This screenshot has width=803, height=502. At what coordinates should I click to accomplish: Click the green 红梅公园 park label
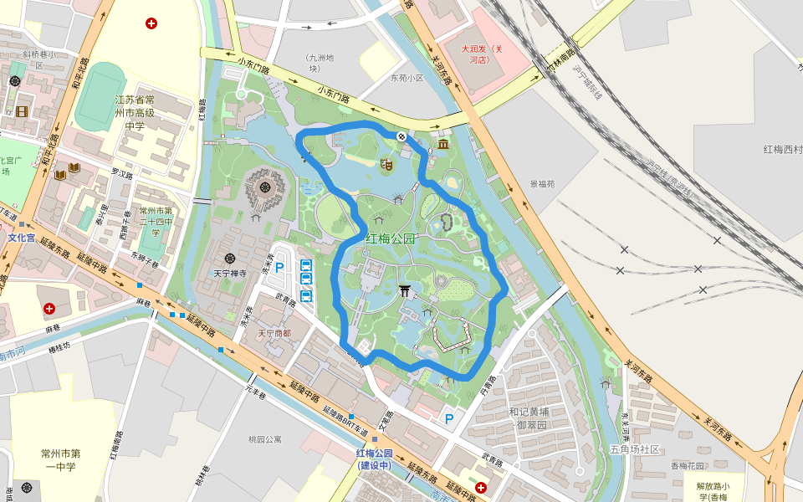(390, 238)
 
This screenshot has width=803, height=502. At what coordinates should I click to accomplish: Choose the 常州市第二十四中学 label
(155, 222)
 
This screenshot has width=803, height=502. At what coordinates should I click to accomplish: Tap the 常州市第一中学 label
(59, 460)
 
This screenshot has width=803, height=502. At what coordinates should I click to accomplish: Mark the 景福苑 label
(542, 183)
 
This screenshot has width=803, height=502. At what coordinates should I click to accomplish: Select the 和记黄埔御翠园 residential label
(532, 417)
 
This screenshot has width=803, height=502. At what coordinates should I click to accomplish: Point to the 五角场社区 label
(635, 449)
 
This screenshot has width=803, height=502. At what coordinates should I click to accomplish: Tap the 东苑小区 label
(407, 78)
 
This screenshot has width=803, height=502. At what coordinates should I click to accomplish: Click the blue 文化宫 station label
(22, 238)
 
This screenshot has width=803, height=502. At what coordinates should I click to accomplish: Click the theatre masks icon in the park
(386, 165)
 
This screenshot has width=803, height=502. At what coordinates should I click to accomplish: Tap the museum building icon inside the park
(442, 146)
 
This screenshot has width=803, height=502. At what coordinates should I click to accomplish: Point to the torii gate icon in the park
(406, 290)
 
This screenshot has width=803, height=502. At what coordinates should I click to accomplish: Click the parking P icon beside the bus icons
(280, 268)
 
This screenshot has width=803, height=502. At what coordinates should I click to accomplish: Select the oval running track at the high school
(100, 95)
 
